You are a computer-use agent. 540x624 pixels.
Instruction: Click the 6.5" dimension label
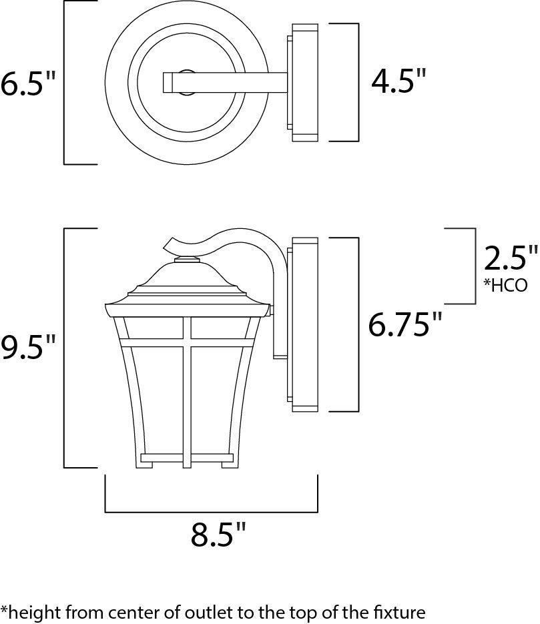pos(27,83)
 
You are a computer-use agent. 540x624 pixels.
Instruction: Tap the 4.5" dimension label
pos(398,81)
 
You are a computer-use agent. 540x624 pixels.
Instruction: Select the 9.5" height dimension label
pos(27,347)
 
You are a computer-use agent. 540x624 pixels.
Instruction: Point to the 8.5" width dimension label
pos(218,534)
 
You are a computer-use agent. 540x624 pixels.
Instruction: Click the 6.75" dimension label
pos(405,324)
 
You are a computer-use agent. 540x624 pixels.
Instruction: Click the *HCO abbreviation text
pos(505,285)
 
